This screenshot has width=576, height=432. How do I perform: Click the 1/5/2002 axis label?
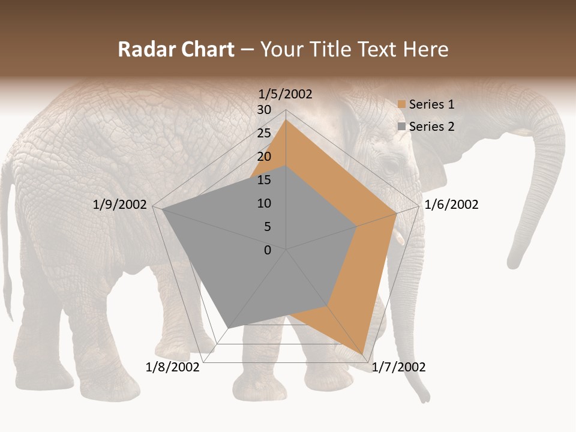(x=285, y=94)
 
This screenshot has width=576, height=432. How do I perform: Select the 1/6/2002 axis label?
(x=451, y=205)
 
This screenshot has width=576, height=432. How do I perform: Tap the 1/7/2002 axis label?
(x=398, y=367)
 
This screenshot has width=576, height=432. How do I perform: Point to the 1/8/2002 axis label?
(x=173, y=367)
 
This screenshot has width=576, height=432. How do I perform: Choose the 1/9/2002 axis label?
(x=120, y=205)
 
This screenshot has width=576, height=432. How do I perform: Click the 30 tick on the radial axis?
(x=264, y=110)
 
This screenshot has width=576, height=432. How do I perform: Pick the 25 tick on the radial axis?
(x=264, y=133)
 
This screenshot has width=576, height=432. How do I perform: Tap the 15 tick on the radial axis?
(x=264, y=180)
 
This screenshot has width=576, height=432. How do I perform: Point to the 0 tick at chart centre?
(x=268, y=250)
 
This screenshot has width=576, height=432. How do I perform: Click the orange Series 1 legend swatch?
(x=401, y=105)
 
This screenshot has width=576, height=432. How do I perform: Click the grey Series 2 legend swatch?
(x=401, y=127)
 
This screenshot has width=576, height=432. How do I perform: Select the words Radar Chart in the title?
(x=176, y=49)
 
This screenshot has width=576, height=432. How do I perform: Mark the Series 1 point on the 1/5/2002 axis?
(x=286, y=120)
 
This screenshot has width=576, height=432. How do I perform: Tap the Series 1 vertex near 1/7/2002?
(x=363, y=353)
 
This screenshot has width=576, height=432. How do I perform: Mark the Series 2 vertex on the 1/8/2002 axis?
(x=227, y=328)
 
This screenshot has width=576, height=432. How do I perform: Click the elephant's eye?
(x=391, y=166)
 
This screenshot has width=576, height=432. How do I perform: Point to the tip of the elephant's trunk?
(x=513, y=264)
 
